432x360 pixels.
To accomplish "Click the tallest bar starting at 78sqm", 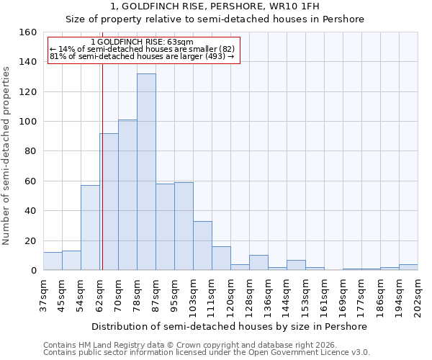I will [x=146, y=172].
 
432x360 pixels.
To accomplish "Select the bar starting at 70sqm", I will [x=127, y=195].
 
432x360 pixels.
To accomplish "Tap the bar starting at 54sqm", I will [x=90, y=228].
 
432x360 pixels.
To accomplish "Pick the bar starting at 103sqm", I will [x=202, y=246].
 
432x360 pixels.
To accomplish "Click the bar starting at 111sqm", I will [x=221, y=258].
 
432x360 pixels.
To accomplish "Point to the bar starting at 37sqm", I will [x=53, y=261].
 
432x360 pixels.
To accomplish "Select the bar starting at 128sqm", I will [x=258, y=263].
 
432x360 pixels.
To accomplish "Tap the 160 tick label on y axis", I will [x=27, y=32].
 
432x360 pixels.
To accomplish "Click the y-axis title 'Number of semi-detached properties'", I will [x=6, y=152].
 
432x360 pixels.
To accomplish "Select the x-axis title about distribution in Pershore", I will [x=230, y=326].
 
